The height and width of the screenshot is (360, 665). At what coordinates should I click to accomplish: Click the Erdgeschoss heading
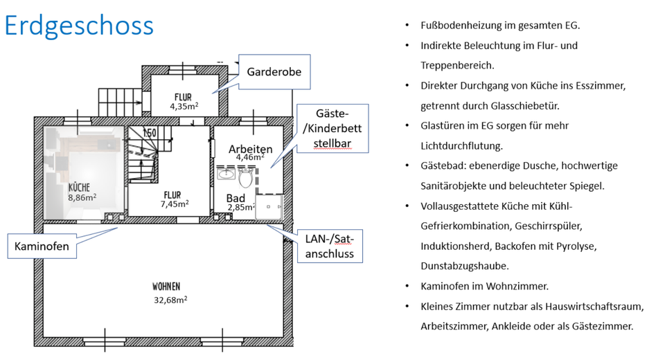(79, 26)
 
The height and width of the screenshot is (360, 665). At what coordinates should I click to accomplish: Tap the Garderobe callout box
(274, 72)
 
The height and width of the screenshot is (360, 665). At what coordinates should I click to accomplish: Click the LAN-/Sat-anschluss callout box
(330, 246)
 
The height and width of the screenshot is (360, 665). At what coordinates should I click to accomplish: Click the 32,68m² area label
(170, 300)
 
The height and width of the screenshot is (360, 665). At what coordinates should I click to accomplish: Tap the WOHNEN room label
(167, 286)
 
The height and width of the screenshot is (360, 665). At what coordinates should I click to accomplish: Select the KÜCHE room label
(79, 187)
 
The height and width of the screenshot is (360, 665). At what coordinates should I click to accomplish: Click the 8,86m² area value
(82, 197)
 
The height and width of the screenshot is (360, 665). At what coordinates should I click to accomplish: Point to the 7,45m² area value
(174, 204)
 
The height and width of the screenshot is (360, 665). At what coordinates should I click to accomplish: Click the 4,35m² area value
(184, 107)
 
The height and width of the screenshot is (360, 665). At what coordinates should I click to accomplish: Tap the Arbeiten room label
(250, 149)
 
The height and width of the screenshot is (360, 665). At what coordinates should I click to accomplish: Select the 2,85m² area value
(242, 208)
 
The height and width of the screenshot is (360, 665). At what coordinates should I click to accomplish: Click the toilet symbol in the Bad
(245, 178)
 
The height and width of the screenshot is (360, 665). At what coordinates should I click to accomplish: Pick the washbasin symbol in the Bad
(226, 174)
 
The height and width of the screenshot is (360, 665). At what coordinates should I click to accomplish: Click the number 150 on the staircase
(150, 132)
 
